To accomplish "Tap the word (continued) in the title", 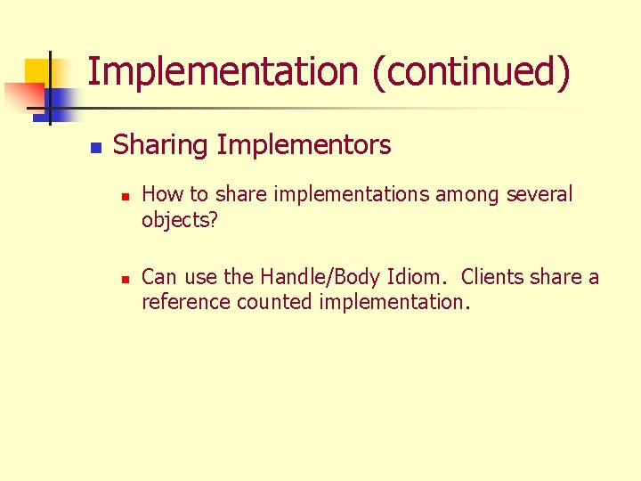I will click(x=472, y=71).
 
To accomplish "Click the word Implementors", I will click(x=304, y=144).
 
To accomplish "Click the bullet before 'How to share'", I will click(x=126, y=196).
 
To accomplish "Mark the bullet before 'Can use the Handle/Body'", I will click(x=126, y=279).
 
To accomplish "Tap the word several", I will click(x=540, y=194).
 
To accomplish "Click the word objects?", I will click(x=179, y=219).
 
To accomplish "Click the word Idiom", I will click(x=423, y=277).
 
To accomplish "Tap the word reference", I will click(x=186, y=302).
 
